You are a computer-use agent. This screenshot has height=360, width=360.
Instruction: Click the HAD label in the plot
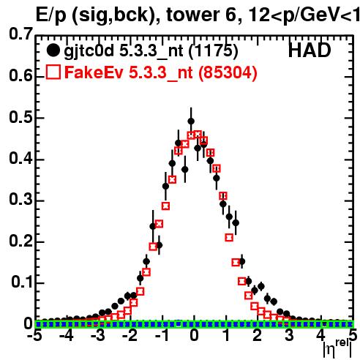(x=310, y=50)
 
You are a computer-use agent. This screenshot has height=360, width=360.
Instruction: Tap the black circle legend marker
(x=53, y=50)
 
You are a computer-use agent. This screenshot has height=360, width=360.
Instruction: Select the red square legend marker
(x=53, y=72)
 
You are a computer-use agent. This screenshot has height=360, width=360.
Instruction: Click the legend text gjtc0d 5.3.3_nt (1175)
(x=151, y=51)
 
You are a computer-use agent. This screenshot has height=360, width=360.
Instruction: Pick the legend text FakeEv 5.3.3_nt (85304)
(x=161, y=72)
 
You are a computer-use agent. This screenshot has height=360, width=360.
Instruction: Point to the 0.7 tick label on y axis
(x=20, y=34)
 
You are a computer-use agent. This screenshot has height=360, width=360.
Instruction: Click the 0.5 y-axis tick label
(x=20, y=118)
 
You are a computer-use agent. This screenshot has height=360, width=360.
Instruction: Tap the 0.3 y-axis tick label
(x=20, y=200)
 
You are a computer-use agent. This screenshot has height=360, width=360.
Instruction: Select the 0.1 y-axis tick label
(x=22, y=282)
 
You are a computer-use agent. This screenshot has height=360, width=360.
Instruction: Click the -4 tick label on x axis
(x=67, y=336)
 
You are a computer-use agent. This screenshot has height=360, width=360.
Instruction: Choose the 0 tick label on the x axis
(x=194, y=336)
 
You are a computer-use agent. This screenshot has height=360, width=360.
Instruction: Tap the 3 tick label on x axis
(x=289, y=336)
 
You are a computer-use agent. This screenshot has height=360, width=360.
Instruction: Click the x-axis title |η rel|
(x=338, y=349)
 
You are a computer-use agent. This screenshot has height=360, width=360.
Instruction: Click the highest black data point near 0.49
(x=191, y=121)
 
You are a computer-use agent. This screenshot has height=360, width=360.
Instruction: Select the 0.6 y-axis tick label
(x=20, y=76)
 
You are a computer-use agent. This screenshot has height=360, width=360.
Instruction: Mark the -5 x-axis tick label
(x=34, y=336)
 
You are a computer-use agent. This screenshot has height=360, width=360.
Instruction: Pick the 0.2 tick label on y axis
(x=20, y=241)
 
